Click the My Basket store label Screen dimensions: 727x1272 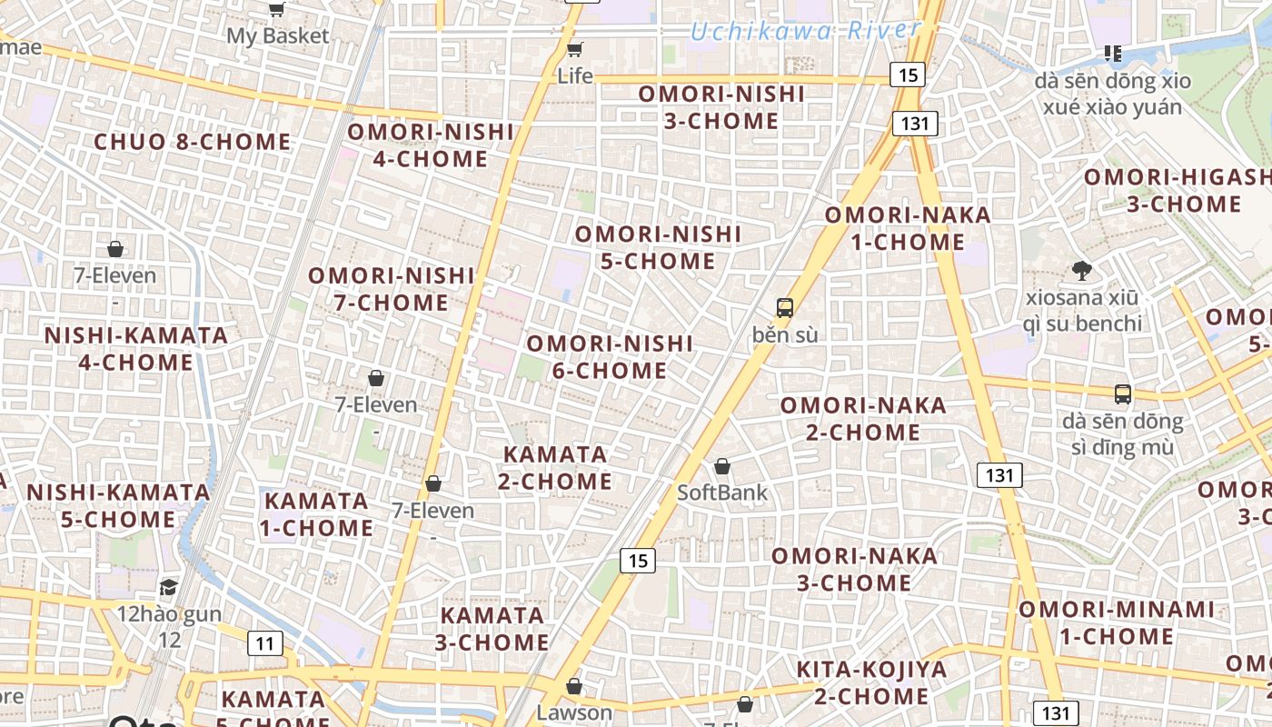(277, 36)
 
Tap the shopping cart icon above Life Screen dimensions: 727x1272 (574, 49)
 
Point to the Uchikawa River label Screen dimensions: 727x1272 (805, 31)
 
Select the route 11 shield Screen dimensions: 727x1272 (264, 644)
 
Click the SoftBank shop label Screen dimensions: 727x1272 (722, 493)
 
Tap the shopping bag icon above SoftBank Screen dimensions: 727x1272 (722, 467)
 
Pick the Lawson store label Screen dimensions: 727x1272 (574, 712)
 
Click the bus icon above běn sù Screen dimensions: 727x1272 (785, 308)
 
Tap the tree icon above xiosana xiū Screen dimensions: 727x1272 (1081, 270)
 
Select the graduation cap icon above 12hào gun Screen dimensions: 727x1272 (168, 587)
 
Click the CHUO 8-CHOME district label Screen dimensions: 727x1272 (192, 143)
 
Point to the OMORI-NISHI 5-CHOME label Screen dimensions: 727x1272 (659, 248)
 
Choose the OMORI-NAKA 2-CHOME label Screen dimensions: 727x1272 (863, 419)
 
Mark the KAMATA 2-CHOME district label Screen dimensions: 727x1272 (555, 467)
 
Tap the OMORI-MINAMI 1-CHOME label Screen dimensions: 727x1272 (1116, 622)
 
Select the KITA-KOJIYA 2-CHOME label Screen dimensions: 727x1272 (871, 683)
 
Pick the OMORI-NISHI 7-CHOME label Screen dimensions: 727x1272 (392, 289)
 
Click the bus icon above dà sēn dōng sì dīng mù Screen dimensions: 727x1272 (1123, 394)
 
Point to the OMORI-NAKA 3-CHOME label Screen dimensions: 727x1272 (854, 569)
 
